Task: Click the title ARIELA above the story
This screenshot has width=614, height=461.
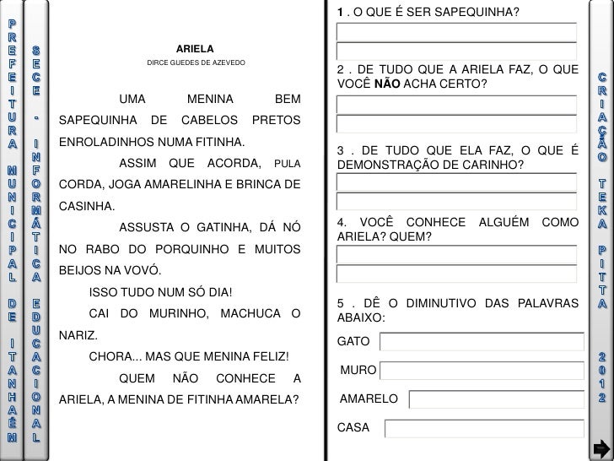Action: (x=195, y=49)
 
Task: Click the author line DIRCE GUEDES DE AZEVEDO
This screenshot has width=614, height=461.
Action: (x=196, y=63)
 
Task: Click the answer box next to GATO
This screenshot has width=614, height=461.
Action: (x=481, y=341)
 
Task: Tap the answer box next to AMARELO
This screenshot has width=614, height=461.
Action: (x=496, y=399)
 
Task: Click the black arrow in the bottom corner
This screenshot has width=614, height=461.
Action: (x=601, y=447)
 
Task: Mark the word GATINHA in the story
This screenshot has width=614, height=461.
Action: (x=213, y=228)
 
